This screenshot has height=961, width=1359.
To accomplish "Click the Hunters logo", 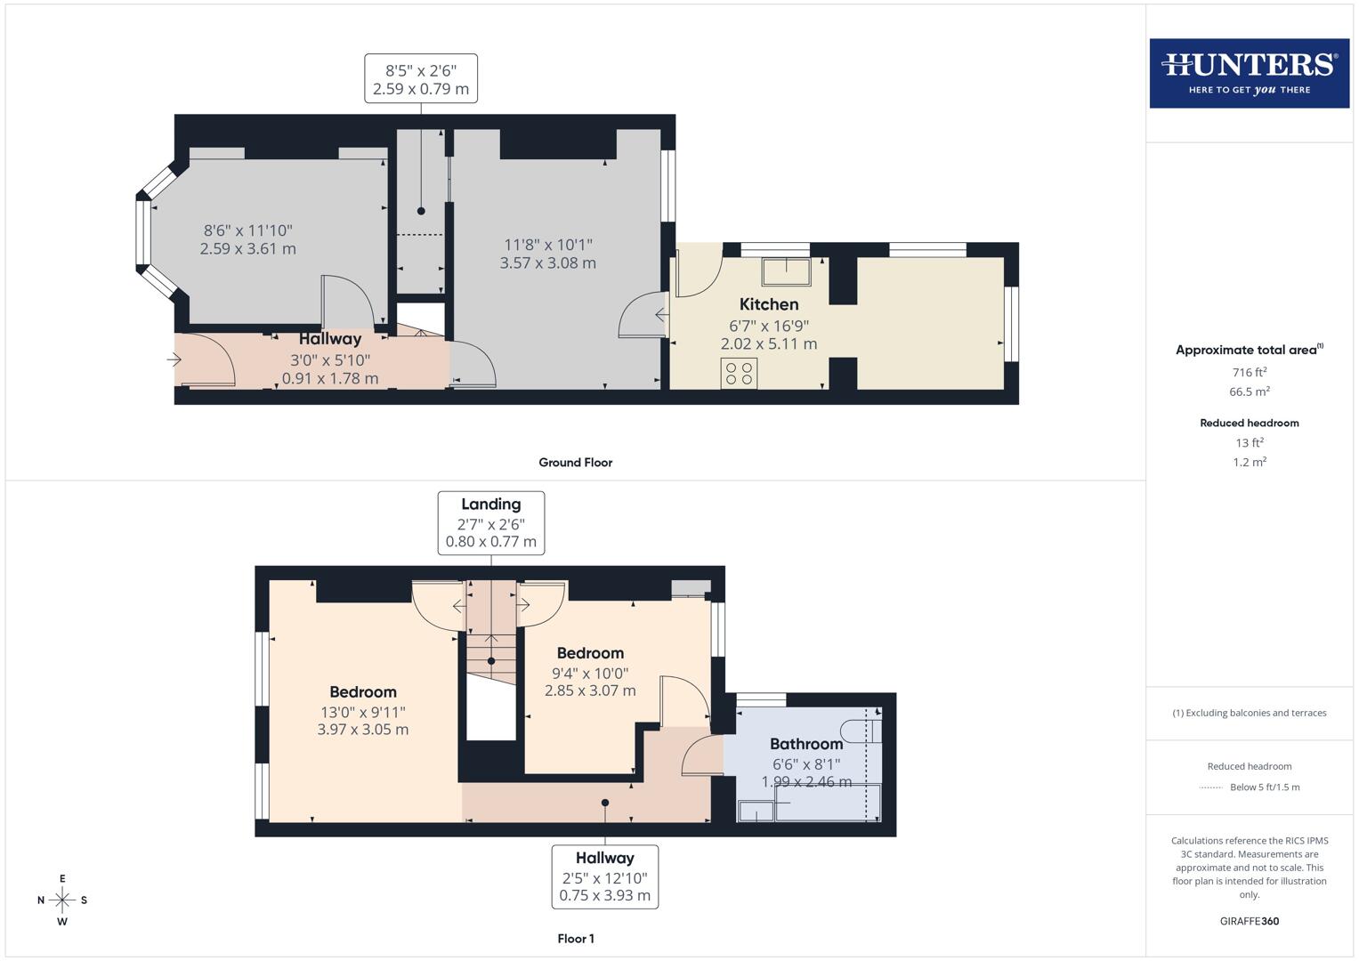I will point(1249,73).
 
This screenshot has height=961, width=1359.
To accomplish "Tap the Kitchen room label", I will point(769,304).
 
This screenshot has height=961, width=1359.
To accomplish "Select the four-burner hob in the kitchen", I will point(739,374).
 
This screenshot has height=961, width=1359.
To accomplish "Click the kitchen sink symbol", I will point(785,271).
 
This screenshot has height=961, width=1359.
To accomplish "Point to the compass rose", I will point(62,900).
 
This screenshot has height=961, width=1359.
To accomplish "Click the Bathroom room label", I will point(805,744).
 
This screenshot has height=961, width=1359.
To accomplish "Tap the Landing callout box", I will point(490,523).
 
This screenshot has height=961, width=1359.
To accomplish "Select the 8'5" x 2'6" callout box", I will point(420,79).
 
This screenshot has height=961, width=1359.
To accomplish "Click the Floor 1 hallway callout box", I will point(604,876).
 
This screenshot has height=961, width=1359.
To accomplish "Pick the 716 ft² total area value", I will point(1249,372).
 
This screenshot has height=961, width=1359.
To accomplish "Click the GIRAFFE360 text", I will point(1249,921).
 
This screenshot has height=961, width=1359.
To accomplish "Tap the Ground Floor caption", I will point(575,463).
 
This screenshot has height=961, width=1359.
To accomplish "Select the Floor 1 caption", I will point(575,939).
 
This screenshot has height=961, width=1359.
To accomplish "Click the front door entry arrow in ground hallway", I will point(174,359).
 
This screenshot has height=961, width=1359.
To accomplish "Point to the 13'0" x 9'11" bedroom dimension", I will point(363,712).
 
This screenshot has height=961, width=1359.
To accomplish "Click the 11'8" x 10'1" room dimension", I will point(547,245).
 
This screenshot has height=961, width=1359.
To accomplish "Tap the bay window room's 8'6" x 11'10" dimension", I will point(247,230).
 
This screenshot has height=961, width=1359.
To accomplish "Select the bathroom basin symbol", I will point(755,811).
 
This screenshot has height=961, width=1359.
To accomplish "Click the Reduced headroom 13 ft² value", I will point(1249,442).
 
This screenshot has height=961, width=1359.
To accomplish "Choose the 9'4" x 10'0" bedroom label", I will point(589,674).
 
